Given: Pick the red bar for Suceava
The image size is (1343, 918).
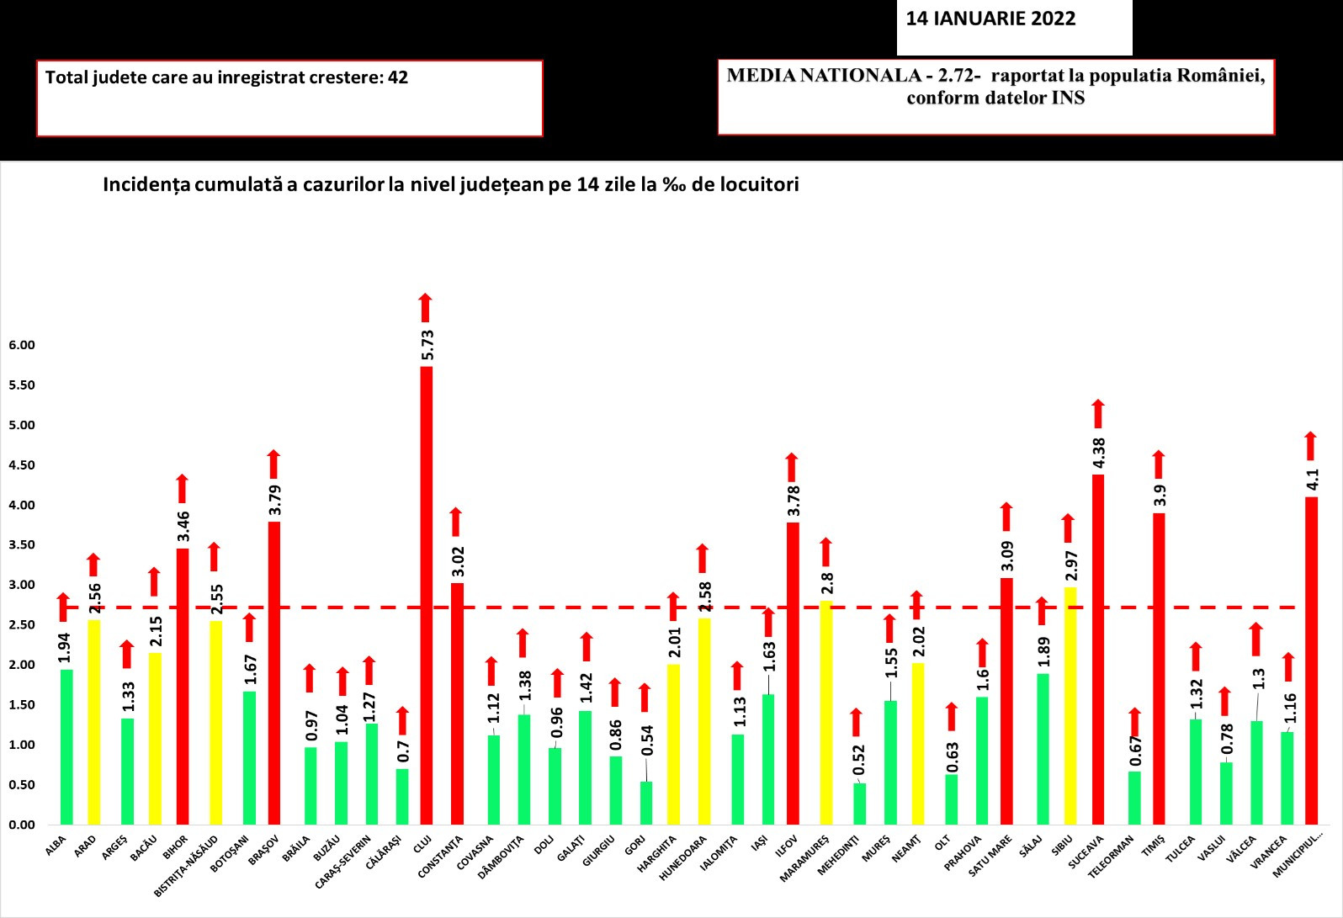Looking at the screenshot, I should point(1098,649).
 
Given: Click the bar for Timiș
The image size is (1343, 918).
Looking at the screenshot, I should point(1159,668).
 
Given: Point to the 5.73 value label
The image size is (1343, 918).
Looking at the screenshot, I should point(427,345).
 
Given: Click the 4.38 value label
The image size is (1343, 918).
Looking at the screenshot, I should point(1099,454).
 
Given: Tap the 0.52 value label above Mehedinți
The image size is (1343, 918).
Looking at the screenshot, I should point(859,760).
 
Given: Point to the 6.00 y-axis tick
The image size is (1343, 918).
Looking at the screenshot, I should point(22,345).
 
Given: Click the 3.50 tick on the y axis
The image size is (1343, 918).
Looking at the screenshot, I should point(22,545).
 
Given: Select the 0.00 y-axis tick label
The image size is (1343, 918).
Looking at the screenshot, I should point(22,825).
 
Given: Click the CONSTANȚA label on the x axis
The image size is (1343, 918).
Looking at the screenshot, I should point(441,857).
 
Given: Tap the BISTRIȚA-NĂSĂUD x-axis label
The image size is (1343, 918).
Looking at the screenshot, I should point(186,865).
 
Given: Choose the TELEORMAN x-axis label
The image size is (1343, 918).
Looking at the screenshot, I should point(1111,857).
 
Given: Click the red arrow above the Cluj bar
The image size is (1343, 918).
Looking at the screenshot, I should point(426,307).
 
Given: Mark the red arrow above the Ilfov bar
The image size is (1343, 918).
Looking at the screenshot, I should point(792,467).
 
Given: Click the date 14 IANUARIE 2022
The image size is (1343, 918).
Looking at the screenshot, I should point(990,19).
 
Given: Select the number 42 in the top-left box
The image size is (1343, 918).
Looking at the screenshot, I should point(398,77).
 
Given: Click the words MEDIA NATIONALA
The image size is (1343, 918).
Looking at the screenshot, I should point(824,76).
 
